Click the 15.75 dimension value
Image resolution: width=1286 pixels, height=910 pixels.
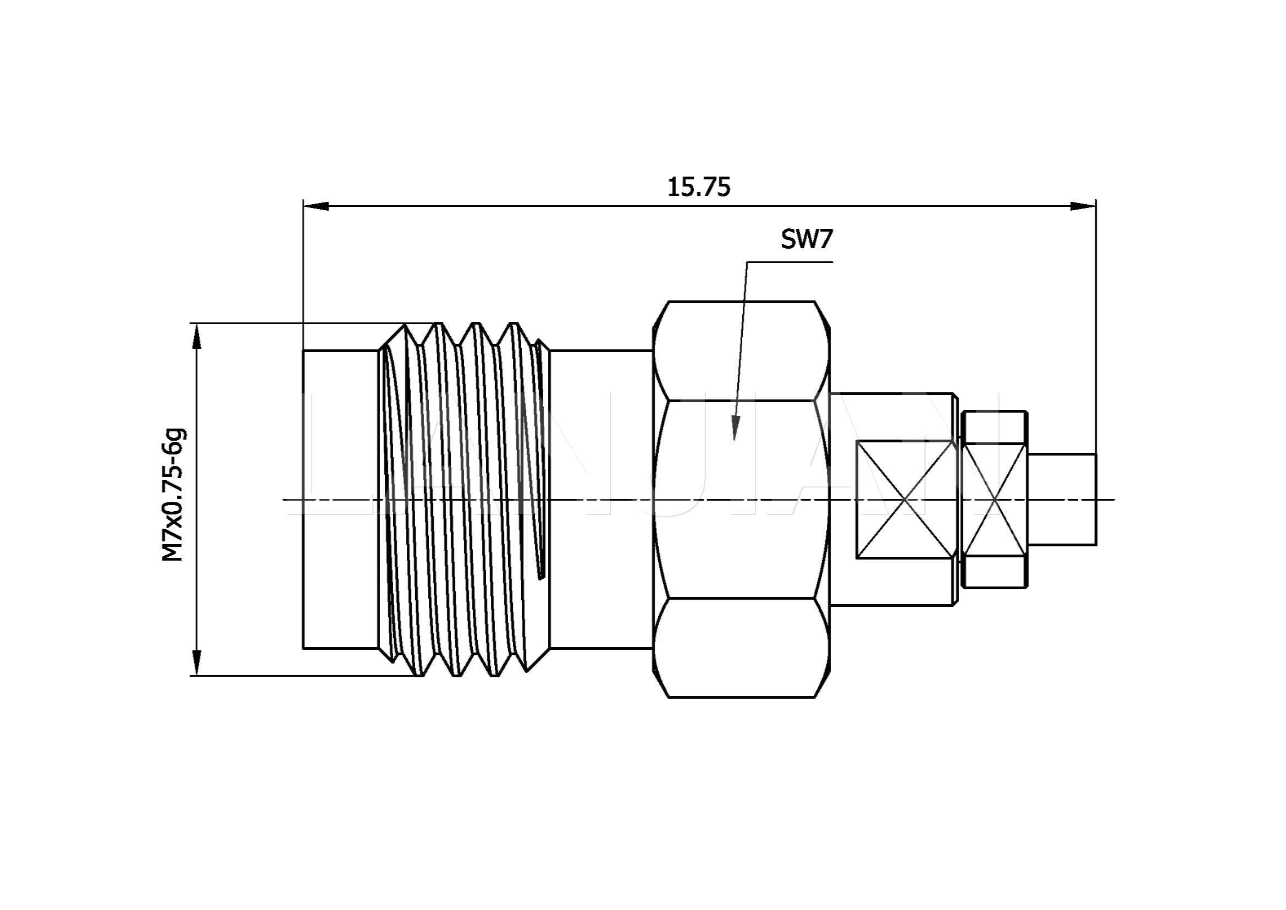[x=698, y=187]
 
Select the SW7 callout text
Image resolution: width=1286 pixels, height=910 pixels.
[x=807, y=240]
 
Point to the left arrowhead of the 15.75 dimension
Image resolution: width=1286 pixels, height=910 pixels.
[x=315, y=206]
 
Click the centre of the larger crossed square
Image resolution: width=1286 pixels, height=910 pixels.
[x=906, y=499]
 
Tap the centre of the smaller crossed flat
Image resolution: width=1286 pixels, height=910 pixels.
[x=995, y=499]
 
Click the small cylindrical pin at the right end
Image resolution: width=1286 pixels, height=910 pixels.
[x=1062, y=499]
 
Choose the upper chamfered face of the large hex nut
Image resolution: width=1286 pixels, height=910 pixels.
[x=741, y=351]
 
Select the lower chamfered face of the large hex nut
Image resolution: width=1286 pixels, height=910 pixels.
[x=741, y=648]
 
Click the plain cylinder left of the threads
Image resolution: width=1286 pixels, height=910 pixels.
[x=340, y=499]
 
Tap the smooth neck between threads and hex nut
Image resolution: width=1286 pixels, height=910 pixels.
[x=601, y=499]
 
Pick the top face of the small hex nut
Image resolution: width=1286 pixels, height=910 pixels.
[x=995, y=428]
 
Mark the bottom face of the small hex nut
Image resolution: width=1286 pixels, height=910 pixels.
[x=995, y=572]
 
